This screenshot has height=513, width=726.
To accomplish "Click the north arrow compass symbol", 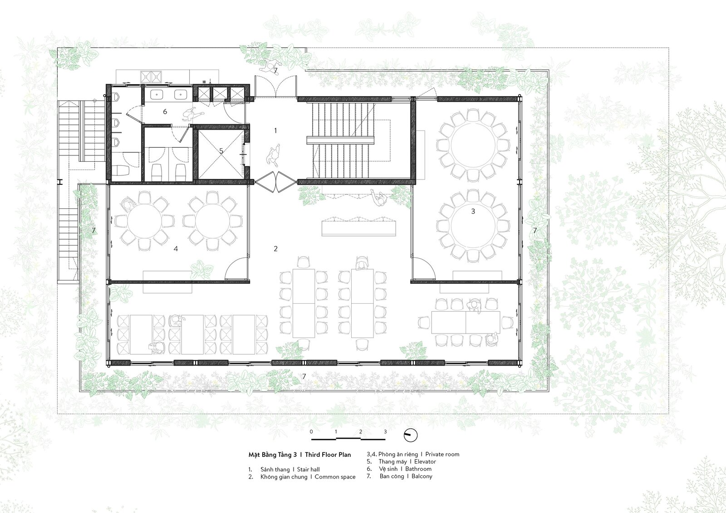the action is click(x=410, y=436).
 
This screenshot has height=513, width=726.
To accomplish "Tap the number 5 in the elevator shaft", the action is click(x=221, y=151).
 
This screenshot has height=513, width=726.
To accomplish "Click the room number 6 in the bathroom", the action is click(x=165, y=111).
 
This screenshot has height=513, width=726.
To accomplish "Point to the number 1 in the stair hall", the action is click(x=275, y=131).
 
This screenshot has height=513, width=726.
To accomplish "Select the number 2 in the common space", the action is click(x=275, y=249).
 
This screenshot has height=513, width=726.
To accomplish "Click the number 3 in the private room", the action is click(x=473, y=211).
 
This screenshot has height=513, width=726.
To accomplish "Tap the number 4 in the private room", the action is click(x=176, y=249).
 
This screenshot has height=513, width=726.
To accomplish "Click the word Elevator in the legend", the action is click(x=425, y=461).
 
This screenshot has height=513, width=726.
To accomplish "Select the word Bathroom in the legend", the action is click(x=418, y=469).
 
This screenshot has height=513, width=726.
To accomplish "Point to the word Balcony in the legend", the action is click(x=422, y=476).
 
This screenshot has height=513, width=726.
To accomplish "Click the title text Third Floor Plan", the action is click(x=328, y=455).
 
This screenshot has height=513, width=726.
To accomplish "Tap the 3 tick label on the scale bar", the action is click(x=385, y=431).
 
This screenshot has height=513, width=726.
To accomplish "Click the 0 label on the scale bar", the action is click(x=311, y=431).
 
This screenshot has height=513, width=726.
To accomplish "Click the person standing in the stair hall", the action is click(x=274, y=155).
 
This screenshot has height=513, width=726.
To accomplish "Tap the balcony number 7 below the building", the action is click(x=304, y=377).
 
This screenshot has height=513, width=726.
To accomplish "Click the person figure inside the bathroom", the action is click(x=193, y=114).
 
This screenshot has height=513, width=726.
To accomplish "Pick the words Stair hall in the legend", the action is click(x=308, y=469).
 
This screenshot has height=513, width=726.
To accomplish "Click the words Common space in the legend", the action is click(x=335, y=477).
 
